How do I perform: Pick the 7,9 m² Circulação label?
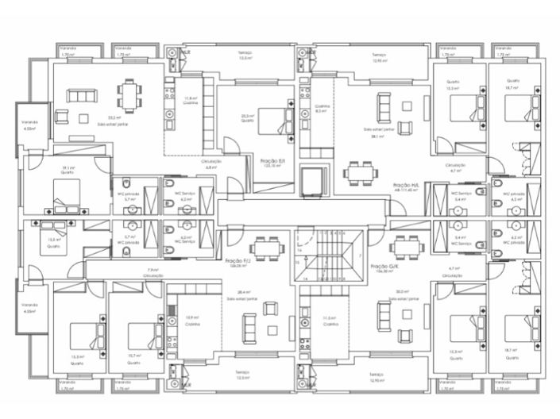pyautogui.click(x=153, y=272)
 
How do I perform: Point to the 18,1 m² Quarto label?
pyautogui.click(x=68, y=169)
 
